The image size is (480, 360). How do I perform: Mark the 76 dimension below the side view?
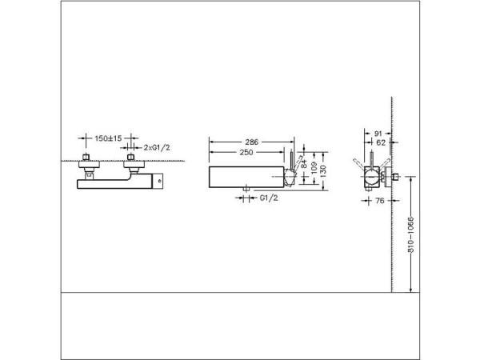click(x=382, y=201)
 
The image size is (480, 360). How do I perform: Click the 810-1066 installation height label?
click(x=411, y=236)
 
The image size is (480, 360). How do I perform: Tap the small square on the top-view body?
click(x=158, y=182)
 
